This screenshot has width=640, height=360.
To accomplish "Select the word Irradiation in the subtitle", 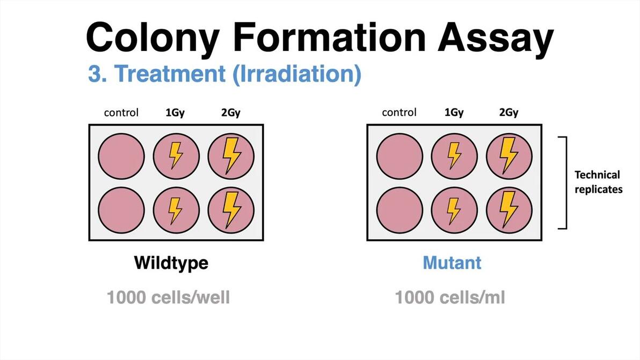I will (x=296, y=75).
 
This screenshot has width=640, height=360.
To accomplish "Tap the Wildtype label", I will (x=171, y=263).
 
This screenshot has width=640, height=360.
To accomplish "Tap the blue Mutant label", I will (x=452, y=263).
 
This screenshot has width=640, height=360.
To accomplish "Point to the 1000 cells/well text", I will (x=168, y=297).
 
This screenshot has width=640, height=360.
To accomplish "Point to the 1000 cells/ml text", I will (x=449, y=297).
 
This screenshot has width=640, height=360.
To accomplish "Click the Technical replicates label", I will (x=598, y=182).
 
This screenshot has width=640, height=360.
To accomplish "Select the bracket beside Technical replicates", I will (x=564, y=182).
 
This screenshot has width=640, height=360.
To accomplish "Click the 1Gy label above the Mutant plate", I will (x=454, y=113).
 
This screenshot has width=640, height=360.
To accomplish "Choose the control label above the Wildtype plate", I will (x=121, y=113).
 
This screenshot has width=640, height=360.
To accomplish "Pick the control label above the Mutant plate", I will (x=399, y=113).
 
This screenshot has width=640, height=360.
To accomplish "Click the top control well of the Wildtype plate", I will (x=121, y=156).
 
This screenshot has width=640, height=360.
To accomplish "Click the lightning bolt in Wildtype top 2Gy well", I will (x=231, y=156).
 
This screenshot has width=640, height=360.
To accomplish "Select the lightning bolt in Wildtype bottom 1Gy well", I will (x=176, y=210).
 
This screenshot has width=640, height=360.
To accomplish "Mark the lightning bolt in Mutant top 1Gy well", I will (x=454, y=156).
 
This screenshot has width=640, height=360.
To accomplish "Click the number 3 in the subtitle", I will (x=94, y=75).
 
